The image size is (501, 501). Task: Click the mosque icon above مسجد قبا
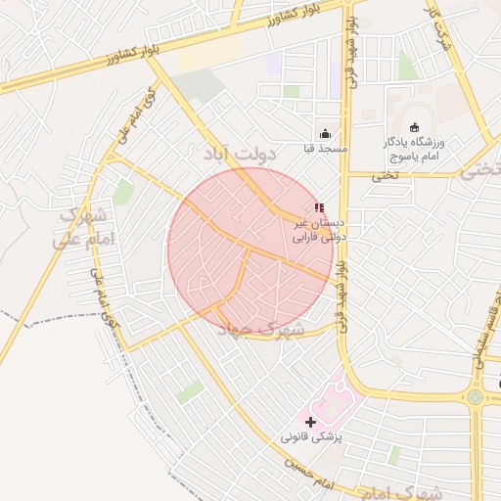coord(325,134)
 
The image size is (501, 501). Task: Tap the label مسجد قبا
coord(325,149)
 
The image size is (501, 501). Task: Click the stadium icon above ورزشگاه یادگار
coord(414,127)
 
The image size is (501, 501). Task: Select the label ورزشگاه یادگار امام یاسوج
coord(413,149)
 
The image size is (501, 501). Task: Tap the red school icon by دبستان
coord(318,207)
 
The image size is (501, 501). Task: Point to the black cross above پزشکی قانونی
coord(311,422)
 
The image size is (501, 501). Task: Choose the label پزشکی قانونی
coord(313,437)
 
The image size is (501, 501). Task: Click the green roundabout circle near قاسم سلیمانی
coord(476,397)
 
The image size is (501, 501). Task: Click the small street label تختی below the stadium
coord(384,176)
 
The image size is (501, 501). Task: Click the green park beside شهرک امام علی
coord(123,193)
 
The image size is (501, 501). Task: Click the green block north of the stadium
coord(407,67)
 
